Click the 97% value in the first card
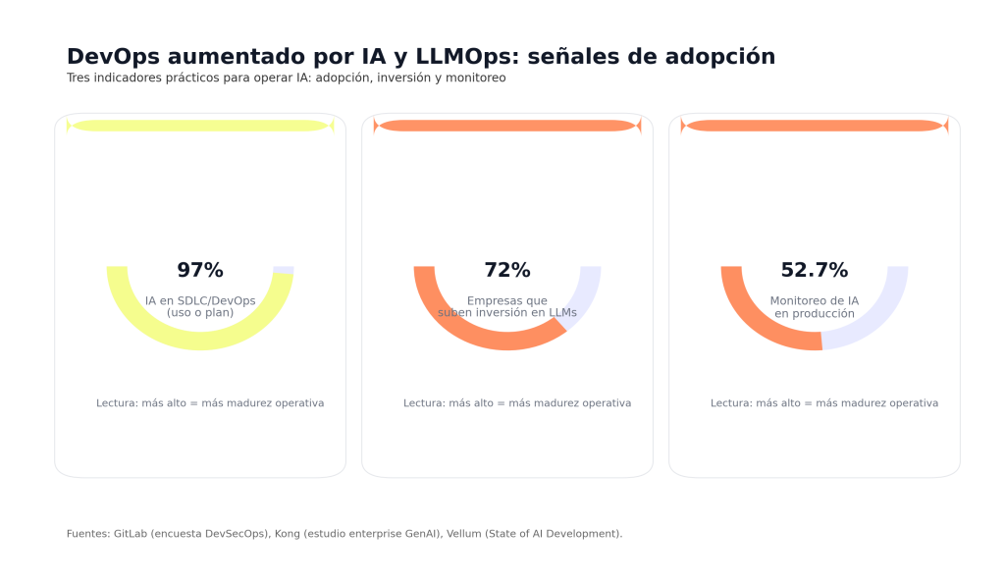point(200,271)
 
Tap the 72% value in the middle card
point(507,271)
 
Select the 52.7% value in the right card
point(815,271)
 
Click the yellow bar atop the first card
point(200,126)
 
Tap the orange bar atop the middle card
point(507,126)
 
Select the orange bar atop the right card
point(815,126)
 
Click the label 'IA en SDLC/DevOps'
point(200,300)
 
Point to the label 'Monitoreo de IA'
point(815,300)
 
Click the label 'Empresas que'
point(507,300)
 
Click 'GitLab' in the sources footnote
point(131,534)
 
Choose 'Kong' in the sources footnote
point(288,534)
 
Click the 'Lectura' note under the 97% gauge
point(116,403)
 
